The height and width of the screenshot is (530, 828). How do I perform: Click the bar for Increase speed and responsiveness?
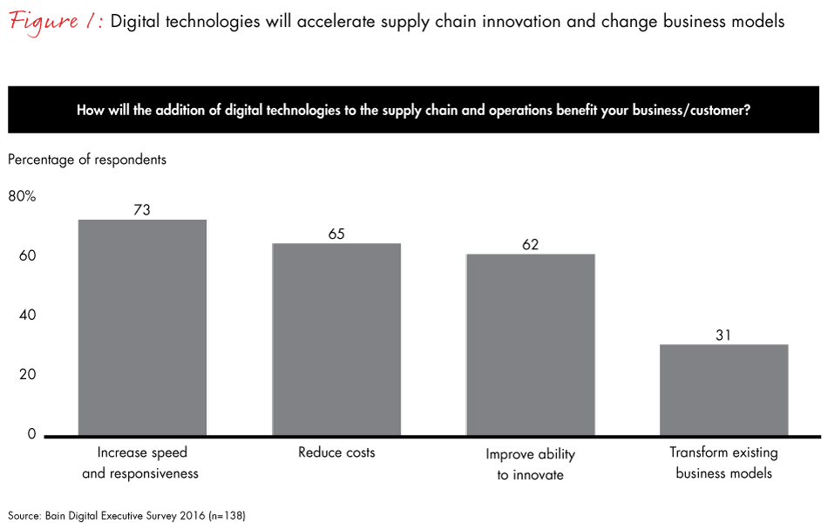tap(142, 327)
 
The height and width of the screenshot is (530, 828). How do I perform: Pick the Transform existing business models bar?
tap(723, 390)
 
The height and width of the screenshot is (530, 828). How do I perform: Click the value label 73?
tap(142, 209)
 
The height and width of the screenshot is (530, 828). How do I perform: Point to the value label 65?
tap(336, 234)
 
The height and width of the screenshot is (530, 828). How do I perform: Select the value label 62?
tap(530, 244)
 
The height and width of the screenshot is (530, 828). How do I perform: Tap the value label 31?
tap(723, 335)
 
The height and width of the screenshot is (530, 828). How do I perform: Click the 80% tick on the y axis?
tap(22, 197)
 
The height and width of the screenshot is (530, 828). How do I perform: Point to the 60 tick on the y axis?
tap(27, 256)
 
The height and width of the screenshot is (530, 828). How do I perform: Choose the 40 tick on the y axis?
tap(27, 316)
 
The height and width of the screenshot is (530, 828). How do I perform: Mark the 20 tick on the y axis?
tap(27, 375)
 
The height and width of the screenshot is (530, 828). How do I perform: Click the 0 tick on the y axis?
tap(31, 434)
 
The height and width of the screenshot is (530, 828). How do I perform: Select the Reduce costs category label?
tap(336, 452)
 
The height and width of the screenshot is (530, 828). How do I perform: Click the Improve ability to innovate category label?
tap(530, 465)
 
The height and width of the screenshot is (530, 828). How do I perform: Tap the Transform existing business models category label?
tap(723, 463)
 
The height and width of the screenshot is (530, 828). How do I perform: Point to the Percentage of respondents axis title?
tap(87, 160)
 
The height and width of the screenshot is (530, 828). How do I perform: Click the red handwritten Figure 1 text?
tap(54, 21)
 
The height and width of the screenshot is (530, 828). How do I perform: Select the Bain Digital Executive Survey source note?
tap(127, 515)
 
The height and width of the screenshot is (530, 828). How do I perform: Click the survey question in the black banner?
tap(413, 111)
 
